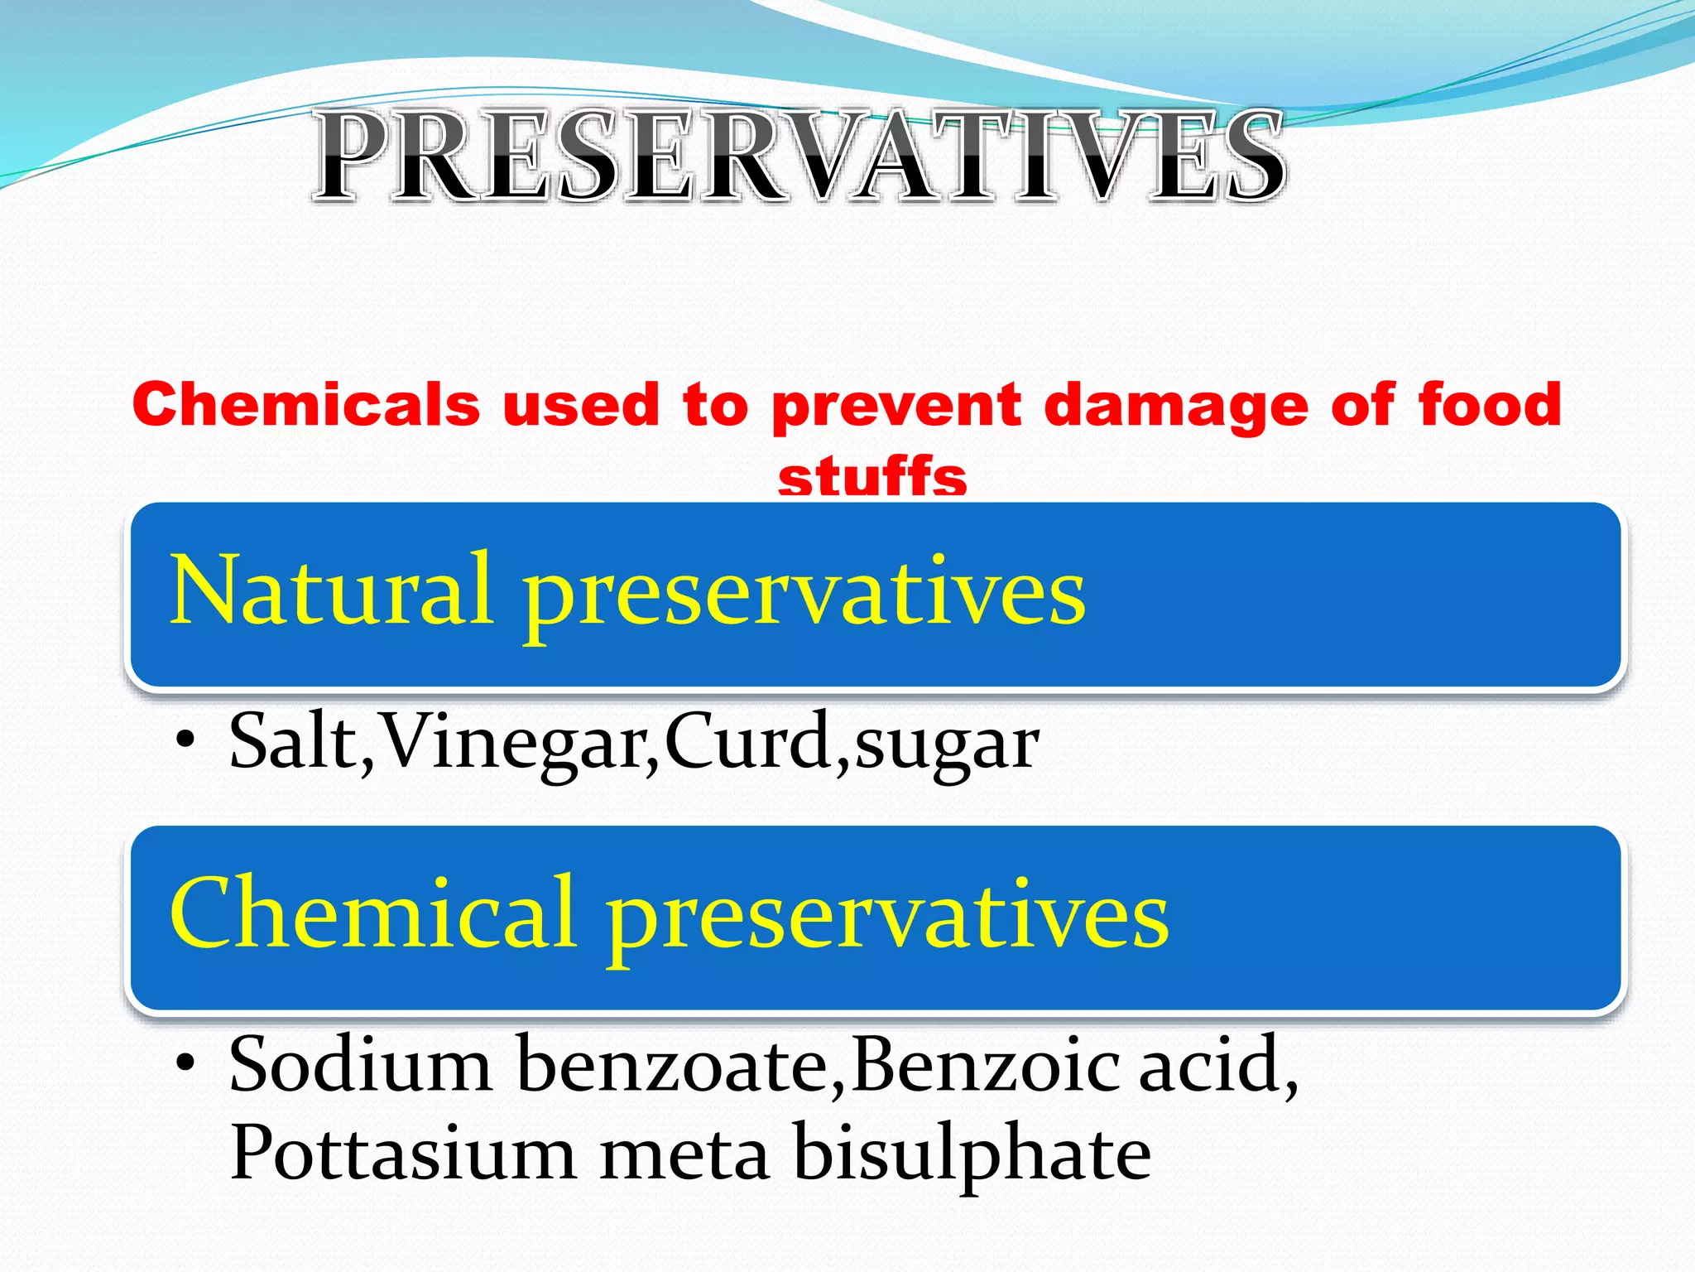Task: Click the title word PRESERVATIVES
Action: coord(799,157)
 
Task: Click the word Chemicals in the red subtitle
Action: coord(306,405)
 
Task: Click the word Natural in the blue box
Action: coord(331,590)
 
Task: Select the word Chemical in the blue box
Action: coord(372,913)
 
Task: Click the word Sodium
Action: coord(361,1065)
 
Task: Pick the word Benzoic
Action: coord(985,1065)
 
